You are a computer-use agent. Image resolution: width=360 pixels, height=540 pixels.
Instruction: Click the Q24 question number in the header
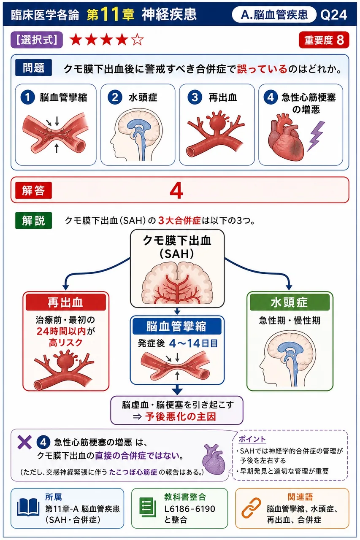pyautogui.click(x=333, y=15)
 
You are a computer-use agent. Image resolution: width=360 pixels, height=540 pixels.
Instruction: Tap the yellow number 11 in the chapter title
pyautogui.click(x=110, y=14)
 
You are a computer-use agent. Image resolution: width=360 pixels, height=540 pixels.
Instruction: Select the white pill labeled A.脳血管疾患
pyautogui.click(x=274, y=15)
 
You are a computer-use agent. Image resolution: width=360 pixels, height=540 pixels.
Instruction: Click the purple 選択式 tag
pyautogui.click(x=37, y=40)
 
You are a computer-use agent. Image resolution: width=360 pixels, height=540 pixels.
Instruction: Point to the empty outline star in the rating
pyautogui.click(x=137, y=40)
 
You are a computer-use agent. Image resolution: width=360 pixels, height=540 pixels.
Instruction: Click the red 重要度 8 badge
pyautogui.click(x=324, y=40)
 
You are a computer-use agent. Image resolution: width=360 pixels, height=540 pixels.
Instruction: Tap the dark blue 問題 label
pyautogui.click(x=33, y=68)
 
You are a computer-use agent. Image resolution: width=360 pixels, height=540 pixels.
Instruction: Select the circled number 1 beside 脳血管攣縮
pyautogui.click(x=27, y=97)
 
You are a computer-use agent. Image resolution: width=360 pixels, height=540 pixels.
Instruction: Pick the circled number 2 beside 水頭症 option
pyautogui.click(x=114, y=97)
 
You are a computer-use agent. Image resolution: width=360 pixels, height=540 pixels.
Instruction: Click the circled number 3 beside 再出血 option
pyautogui.click(x=195, y=97)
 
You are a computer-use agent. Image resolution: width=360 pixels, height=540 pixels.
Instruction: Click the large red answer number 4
pyautogui.click(x=176, y=191)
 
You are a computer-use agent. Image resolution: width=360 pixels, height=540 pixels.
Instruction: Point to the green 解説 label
pyautogui.click(x=33, y=220)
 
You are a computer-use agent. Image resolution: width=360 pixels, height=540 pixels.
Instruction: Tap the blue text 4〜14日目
pyautogui.click(x=193, y=343)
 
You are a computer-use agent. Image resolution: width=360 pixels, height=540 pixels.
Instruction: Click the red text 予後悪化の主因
pyautogui.click(x=180, y=416)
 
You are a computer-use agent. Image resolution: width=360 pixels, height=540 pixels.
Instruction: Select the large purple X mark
pyautogui.click(x=24, y=443)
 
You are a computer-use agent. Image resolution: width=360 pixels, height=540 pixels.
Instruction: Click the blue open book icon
pyautogui.click(x=28, y=508)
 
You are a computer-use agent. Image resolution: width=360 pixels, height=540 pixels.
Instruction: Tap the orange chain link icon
pyautogui.click(x=251, y=508)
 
